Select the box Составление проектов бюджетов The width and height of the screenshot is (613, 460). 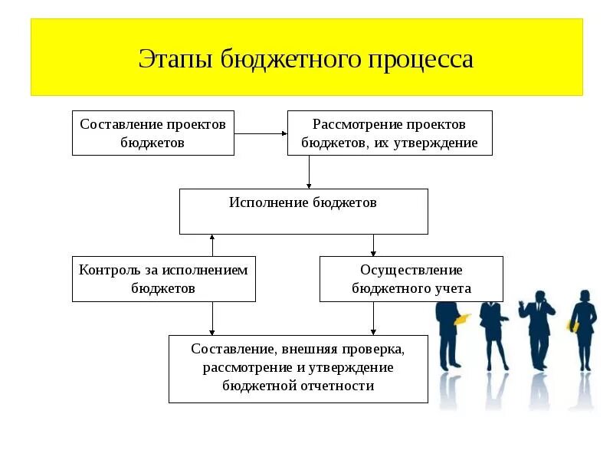[x=153, y=133]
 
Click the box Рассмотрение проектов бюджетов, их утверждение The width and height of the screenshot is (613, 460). [x=389, y=133]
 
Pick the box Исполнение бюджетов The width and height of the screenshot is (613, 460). [x=303, y=211]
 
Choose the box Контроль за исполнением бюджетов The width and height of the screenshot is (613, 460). [x=164, y=278]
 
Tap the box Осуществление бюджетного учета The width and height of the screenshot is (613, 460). [x=411, y=278]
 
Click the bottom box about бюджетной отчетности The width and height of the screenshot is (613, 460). [x=298, y=368]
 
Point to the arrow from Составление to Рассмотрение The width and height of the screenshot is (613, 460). [x=261, y=133]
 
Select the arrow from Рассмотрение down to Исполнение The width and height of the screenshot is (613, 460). [x=309, y=172]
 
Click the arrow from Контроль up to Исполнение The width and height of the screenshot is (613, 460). [x=212, y=245]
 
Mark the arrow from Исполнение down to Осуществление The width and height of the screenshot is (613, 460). [x=373, y=245]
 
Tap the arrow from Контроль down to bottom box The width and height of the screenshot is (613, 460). [x=212, y=318]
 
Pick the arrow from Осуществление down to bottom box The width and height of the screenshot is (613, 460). [x=373, y=318]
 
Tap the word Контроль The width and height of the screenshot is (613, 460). [x=105, y=270]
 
